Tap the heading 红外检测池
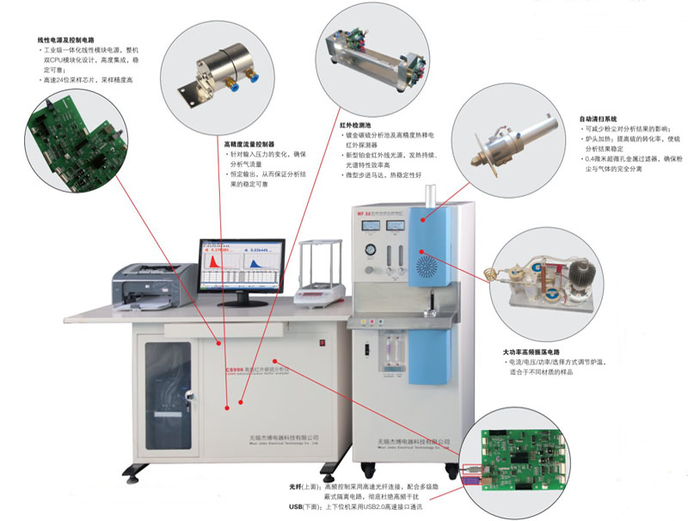tap(356, 125)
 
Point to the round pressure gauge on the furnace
tap(370, 251)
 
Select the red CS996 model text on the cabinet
tap(238, 366)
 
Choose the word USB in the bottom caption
tap(298, 508)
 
